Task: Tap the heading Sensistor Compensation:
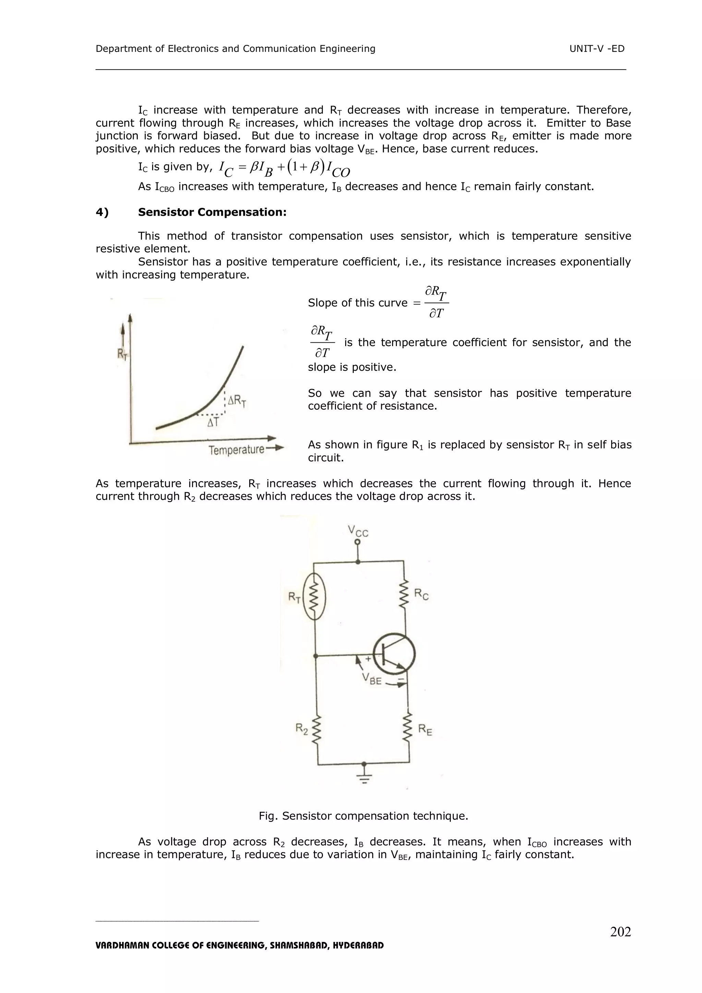coord(212,212)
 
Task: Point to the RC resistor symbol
coord(404,594)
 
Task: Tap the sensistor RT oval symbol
coord(314,597)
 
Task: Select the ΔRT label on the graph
coord(237,401)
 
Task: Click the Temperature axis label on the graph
coord(237,450)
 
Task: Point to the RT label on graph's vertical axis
coord(122,355)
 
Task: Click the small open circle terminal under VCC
coord(358,542)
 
